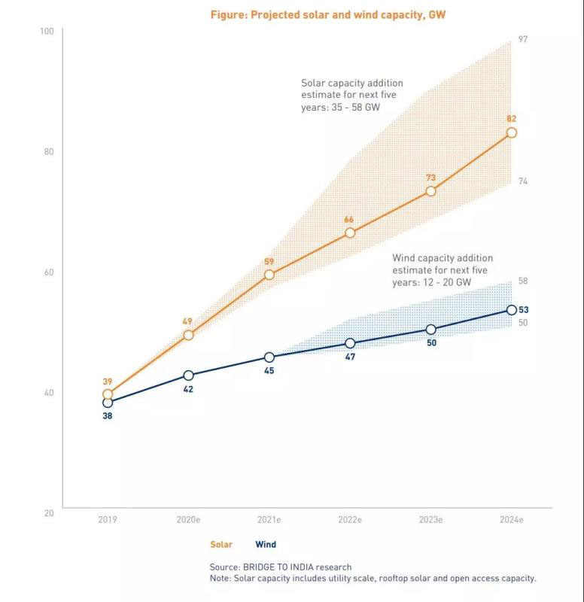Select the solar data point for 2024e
512,132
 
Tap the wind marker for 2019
108,403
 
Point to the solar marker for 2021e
269,275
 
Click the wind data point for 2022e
350,343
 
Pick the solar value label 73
431,178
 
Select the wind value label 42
188,389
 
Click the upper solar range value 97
523,39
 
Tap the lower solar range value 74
523,181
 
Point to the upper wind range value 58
523,281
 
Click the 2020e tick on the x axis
188,520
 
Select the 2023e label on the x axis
431,520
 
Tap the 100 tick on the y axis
47,31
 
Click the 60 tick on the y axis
48,272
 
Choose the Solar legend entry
221,545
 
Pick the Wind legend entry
266,545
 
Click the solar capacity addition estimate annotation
351,95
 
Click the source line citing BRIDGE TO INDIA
281,567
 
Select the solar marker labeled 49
188,335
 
